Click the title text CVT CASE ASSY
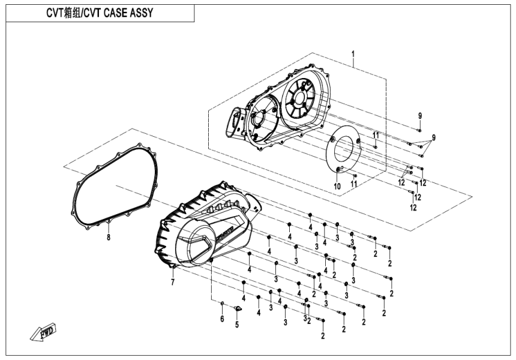click(x=100, y=13)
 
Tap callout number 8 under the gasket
click(x=109, y=238)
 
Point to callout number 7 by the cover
click(x=172, y=282)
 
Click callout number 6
click(x=221, y=319)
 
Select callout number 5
click(x=236, y=325)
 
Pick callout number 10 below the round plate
click(x=337, y=187)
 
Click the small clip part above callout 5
click(x=237, y=309)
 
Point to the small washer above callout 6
click(x=222, y=302)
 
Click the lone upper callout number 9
click(x=420, y=115)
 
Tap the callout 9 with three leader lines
click(x=433, y=137)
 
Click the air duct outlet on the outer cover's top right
click(x=257, y=204)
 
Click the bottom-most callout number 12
click(x=413, y=208)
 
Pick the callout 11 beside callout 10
click(x=354, y=183)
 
